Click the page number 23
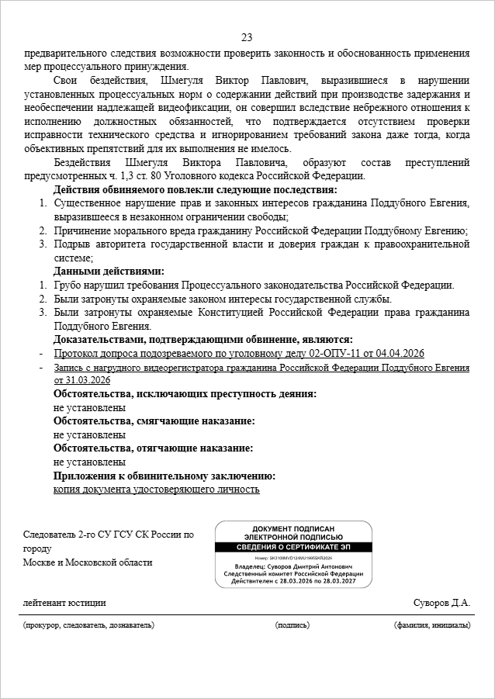(247, 38)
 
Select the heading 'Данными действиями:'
(109, 272)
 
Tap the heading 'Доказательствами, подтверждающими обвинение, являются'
(202, 340)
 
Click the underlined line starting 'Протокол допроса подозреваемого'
(240, 354)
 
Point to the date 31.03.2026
(81, 381)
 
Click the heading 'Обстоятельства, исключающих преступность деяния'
(185, 394)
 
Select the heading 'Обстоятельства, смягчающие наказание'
(154, 421)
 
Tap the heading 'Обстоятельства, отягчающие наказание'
(153, 448)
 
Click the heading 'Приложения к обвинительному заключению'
(164, 476)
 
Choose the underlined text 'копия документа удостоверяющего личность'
(156, 490)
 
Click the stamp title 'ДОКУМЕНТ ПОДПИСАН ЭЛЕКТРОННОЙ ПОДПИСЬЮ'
(293, 532)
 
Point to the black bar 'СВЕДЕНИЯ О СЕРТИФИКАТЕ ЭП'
(293, 545)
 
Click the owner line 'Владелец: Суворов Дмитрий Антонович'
(293, 567)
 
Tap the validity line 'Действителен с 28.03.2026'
(293, 580)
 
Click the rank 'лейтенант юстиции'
(64, 603)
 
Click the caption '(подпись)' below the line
(292, 625)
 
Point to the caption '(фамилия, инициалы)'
(432, 625)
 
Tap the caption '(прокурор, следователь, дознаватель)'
(88, 625)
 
